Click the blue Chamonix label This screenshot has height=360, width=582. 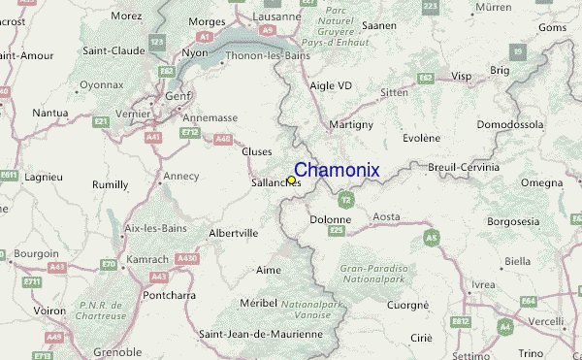(337, 171)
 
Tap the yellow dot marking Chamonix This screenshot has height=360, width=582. (292, 180)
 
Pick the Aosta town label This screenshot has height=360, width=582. (386, 216)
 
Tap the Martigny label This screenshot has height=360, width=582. (350, 125)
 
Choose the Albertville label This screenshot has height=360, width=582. (233, 233)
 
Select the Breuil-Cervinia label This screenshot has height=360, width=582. (463, 167)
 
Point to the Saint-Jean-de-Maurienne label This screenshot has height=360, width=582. (260, 334)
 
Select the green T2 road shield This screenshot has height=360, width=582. (346, 200)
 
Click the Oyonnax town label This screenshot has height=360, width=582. (101, 84)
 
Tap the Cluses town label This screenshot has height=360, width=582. (256, 150)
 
